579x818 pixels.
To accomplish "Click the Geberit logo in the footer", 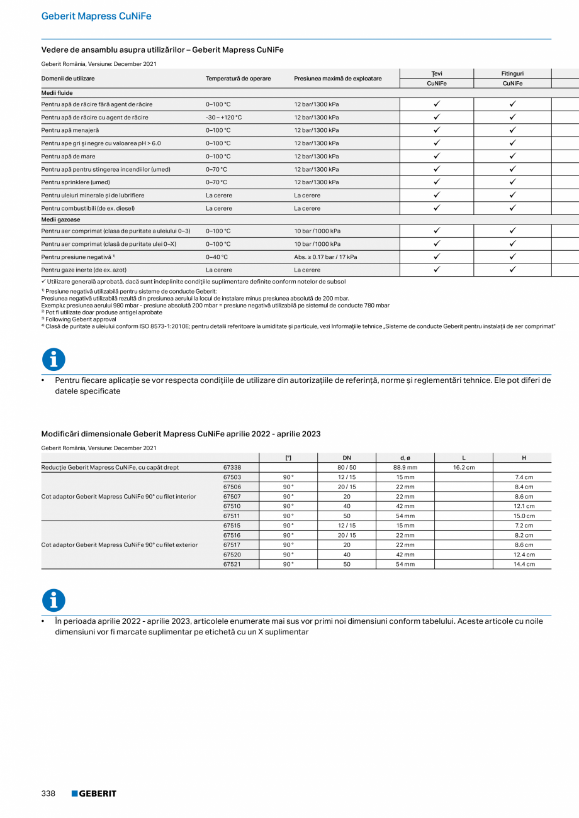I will [94, 793].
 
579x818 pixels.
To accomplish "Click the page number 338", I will [48, 793].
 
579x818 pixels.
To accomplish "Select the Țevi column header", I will [437, 74].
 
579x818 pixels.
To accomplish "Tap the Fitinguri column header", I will [512, 74].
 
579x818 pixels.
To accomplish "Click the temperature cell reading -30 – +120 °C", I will [223, 118].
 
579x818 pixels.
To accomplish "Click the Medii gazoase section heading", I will [62, 219].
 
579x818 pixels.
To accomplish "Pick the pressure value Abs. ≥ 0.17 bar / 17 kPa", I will [325, 257].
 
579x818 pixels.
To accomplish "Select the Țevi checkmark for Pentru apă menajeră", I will [437, 130].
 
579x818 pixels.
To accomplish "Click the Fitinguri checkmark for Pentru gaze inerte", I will [512, 270].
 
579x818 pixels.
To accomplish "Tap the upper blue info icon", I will [53, 360].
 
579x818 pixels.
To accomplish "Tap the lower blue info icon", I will [53, 600].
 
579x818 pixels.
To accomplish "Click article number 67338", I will [232, 468].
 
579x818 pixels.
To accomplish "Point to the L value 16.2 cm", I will [464, 468].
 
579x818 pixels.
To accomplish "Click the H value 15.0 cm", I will [524, 516].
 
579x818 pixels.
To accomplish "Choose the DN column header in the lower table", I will [347, 458].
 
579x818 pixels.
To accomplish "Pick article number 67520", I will [232, 555].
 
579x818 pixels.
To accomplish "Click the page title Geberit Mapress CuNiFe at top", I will [96, 16].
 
